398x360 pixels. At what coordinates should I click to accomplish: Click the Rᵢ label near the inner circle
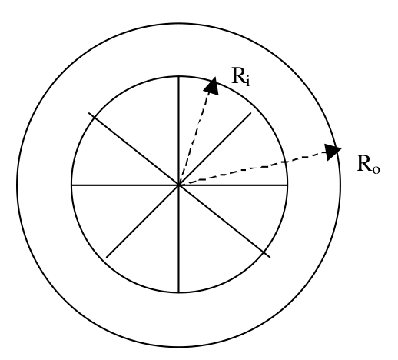pyautogui.click(x=240, y=76)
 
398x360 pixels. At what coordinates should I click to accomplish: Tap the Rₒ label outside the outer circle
pyautogui.click(x=368, y=164)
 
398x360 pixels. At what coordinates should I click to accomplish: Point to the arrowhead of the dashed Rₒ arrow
pyautogui.click(x=333, y=152)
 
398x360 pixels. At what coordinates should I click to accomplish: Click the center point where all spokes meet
pyautogui.click(x=179, y=185)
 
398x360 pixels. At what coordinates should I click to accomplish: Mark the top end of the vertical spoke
pyautogui.click(x=179, y=76)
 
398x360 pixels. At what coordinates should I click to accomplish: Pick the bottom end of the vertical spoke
pyautogui.click(x=179, y=292)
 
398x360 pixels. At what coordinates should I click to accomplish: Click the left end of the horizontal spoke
pyautogui.click(x=71, y=185)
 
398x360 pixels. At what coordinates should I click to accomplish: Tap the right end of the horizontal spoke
pyautogui.click(x=287, y=185)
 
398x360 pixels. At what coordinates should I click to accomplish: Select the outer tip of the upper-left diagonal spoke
pyautogui.click(x=88, y=112)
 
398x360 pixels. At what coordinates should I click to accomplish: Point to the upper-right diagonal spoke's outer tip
pyautogui.click(x=251, y=112)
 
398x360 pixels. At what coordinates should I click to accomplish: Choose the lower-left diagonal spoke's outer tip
pyautogui.click(x=107, y=257)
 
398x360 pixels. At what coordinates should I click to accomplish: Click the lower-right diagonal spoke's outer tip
pyautogui.click(x=270, y=257)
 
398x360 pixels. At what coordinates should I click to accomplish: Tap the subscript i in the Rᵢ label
pyautogui.click(x=247, y=82)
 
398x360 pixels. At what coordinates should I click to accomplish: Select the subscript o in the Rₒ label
pyautogui.click(x=376, y=169)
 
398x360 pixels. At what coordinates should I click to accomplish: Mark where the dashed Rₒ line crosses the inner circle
pyautogui.click(x=285, y=162)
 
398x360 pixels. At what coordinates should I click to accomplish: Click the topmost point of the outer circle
pyautogui.click(x=179, y=23)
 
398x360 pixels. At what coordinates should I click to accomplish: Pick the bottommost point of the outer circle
pyautogui.click(x=179, y=347)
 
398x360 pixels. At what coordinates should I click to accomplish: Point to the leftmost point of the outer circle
pyautogui.click(x=17, y=185)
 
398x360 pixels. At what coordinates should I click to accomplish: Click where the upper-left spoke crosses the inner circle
pyautogui.click(x=95, y=117)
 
